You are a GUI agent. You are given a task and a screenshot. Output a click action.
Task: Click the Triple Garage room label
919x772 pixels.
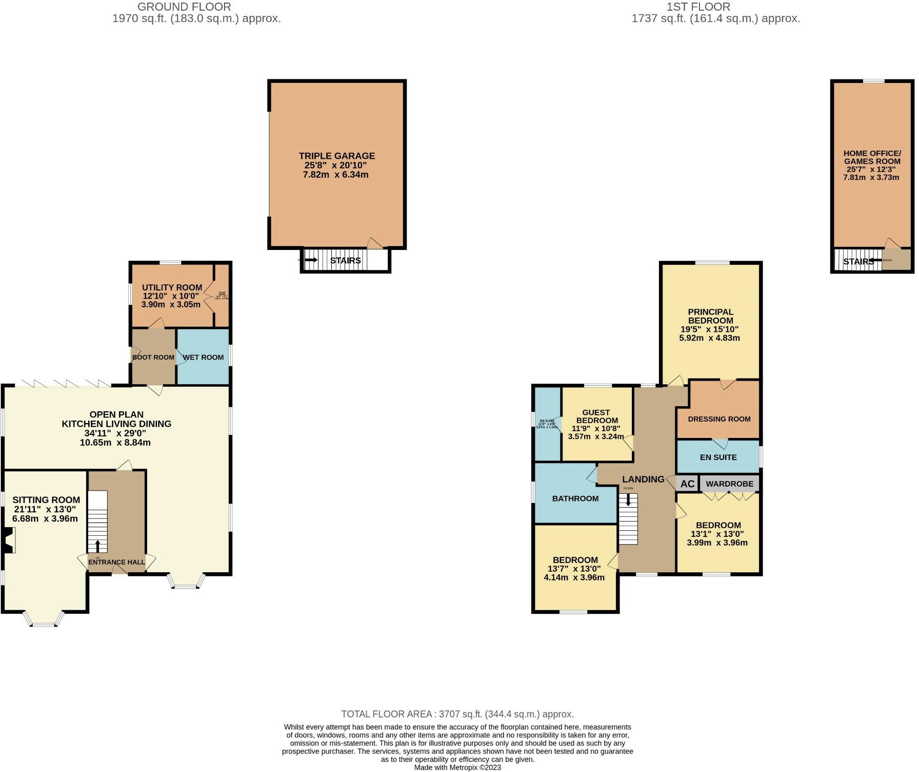click(337, 156)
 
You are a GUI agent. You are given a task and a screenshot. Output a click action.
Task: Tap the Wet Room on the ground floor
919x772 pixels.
click(203, 358)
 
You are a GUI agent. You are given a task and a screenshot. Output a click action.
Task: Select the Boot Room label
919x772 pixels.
click(153, 358)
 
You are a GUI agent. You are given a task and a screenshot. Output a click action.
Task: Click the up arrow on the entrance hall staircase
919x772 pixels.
click(97, 545)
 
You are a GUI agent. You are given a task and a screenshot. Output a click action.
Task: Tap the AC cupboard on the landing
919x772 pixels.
click(687, 484)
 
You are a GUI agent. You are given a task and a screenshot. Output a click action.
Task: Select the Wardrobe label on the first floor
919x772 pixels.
click(729, 484)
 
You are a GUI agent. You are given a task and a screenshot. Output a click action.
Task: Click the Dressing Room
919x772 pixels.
click(719, 419)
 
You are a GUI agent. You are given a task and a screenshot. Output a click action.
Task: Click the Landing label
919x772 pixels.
click(643, 479)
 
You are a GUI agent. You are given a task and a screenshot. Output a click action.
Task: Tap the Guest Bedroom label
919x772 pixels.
click(596, 416)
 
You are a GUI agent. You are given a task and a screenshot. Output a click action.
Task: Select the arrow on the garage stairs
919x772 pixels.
click(311, 260)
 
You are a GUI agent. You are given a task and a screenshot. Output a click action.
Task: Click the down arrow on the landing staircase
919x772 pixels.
click(628, 500)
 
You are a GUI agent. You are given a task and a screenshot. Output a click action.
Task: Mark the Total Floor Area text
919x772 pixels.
click(457, 714)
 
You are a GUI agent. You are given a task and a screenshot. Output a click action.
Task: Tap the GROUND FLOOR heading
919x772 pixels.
click(184, 7)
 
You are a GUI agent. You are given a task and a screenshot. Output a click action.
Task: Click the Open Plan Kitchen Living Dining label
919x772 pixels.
click(116, 420)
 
